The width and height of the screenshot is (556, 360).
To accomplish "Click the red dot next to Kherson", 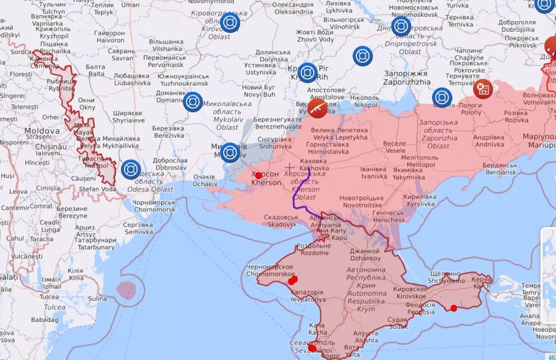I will point(258,176).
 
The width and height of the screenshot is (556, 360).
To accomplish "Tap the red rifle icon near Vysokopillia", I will point(317,108).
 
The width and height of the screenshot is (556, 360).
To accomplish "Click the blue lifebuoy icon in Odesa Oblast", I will point(130,169).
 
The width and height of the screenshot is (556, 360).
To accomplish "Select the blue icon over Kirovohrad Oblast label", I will point(230,23).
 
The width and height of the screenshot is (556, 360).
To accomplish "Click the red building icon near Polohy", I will point(482,89).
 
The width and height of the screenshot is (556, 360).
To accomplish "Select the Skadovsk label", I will point(281,221).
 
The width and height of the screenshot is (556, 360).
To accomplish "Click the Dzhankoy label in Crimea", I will point(365,255).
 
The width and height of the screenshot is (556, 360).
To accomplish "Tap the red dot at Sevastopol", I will point(312,348).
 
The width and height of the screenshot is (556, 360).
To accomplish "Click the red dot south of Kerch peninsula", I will point(453,308).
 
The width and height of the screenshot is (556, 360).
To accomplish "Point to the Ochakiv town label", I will point(204,180).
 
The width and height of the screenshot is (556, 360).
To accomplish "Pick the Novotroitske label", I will point(361,201).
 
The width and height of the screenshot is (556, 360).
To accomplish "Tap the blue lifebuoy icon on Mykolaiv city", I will point(230,153).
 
